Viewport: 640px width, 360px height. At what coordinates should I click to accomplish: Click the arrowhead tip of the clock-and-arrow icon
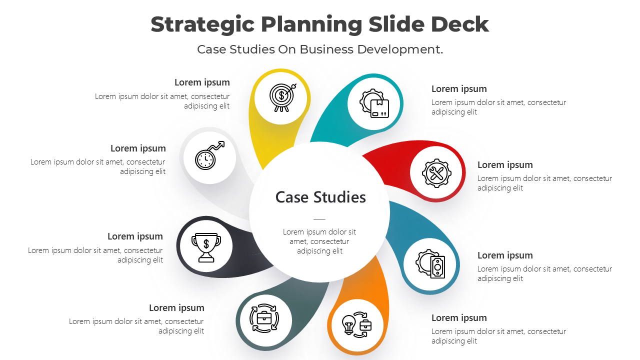click(224, 142)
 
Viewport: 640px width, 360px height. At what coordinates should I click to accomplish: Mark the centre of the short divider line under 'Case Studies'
click(319, 219)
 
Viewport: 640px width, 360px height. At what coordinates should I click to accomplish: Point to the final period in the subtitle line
click(441, 53)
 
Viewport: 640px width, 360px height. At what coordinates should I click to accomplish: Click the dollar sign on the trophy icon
click(206, 244)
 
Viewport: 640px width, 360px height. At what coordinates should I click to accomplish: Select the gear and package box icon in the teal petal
click(374, 103)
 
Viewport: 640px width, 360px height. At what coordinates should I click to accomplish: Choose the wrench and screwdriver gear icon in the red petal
click(436, 173)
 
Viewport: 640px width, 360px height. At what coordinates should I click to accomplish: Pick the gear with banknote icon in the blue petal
click(430, 263)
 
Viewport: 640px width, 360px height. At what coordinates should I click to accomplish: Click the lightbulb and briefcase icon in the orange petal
click(357, 325)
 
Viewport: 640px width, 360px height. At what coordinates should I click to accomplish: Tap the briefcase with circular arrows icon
click(264, 318)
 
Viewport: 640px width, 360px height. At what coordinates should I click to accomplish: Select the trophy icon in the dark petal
click(206, 247)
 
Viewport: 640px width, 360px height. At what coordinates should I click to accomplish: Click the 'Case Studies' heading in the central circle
click(320, 197)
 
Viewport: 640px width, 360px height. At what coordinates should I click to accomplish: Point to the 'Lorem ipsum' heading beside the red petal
click(505, 165)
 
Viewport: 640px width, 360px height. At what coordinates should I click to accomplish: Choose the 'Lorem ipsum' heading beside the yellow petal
click(202, 82)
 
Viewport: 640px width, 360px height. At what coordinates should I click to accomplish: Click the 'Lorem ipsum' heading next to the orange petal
click(459, 318)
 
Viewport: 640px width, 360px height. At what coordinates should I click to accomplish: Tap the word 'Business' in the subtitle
click(326, 49)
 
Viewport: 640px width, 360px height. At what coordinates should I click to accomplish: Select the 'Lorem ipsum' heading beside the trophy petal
click(135, 236)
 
